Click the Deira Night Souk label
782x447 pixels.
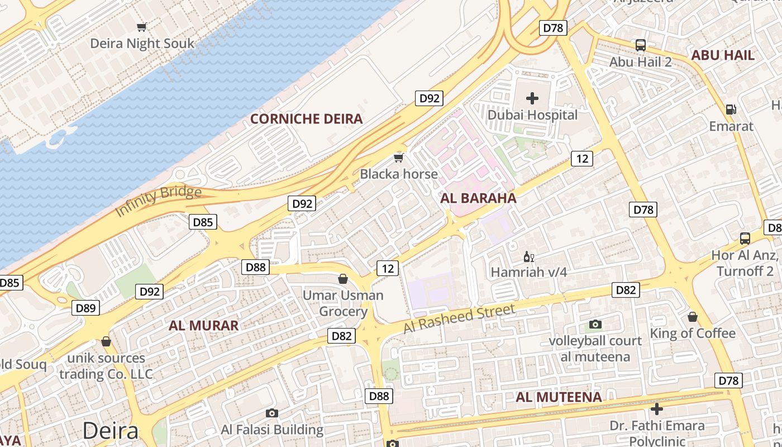click(x=142, y=43)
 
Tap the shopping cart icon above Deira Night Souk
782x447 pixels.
click(x=142, y=27)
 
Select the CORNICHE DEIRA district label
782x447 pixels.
click(x=306, y=118)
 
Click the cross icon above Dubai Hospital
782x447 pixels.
click(x=532, y=99)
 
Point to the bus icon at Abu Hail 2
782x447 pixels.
click(x=640, y=45)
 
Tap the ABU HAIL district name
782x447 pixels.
click(x=723, y=55)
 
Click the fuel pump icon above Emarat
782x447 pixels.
click(x=731, y=110)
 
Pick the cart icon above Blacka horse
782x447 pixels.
click(x=398, y=158)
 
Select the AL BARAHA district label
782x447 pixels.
click(x=478, y=198)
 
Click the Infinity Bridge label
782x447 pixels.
click(x=158, y=201)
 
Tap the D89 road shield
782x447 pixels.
click(x=86, y=307)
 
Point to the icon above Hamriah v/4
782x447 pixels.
click(x=528, y=257)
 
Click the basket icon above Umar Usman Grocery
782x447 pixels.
click(x=343, y=279)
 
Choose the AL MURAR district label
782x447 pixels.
click(x=203, y=325)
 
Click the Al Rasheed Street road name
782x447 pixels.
click(x=459, y=318)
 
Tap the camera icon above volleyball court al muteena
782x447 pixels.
click(x=595, y=325)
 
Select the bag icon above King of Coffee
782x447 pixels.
click(x=693, y=317)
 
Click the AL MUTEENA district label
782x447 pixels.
click(x=559, y=397)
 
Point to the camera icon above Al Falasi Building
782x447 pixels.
click(x=272, y=413)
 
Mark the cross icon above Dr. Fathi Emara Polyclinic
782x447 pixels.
click(x=657, y=410)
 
